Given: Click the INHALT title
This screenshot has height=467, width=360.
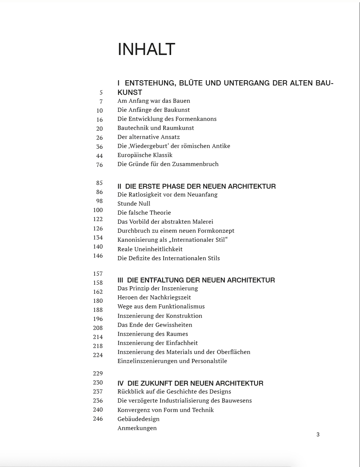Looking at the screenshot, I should pos(146,49).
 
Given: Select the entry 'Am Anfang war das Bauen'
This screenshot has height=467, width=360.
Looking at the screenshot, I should pos(154,101).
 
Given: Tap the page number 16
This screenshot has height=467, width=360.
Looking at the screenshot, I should pos(100,119).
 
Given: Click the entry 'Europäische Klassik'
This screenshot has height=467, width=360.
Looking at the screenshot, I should pos(145,155).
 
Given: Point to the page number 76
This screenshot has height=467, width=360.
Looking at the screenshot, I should pos(100,165).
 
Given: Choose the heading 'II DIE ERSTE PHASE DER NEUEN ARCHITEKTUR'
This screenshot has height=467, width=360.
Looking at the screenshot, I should pos(196,186).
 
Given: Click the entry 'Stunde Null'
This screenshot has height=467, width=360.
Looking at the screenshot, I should pos(134,204).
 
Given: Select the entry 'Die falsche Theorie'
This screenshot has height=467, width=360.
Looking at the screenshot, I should pos(144,213).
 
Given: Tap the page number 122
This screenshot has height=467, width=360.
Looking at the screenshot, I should pos(98,219).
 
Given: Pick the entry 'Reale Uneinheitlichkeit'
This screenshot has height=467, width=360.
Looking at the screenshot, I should pos(150,249).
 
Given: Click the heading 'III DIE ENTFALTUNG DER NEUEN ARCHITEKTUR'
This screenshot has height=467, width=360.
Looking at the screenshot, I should pos(196,280).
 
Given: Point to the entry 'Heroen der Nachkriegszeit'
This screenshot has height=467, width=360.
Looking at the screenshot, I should pos(154,298).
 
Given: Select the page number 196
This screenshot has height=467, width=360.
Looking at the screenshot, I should pos(98,319).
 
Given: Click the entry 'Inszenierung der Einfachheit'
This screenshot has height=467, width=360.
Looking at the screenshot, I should pos(158,343).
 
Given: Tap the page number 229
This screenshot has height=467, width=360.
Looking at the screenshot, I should pos(98,373).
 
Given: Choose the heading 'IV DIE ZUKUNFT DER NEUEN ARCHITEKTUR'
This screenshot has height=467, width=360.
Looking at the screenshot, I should pos(190,383).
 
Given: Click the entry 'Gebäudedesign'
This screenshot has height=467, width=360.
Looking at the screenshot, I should pos(138,419).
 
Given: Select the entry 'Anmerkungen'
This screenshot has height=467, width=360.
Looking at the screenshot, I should pos(137,428).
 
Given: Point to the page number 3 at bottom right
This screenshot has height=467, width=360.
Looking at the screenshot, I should pos(318,435).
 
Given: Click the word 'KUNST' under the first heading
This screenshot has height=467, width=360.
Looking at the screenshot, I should pos(130,93).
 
